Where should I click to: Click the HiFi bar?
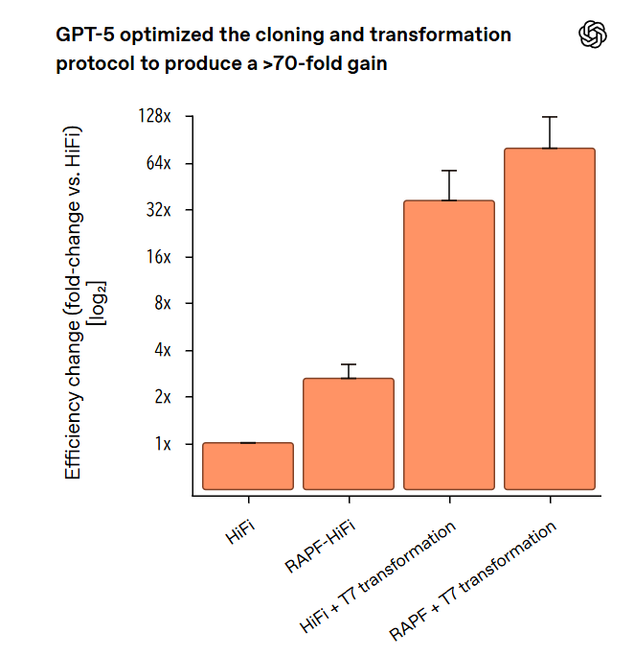248,466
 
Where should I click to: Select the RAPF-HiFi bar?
349,433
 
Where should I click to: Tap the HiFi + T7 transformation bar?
449,345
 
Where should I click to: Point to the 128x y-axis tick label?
153,117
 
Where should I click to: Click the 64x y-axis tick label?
157,164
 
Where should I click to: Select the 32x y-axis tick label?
157,210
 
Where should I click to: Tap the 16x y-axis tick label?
157,257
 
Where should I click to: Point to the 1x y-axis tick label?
161,444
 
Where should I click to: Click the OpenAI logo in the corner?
594,35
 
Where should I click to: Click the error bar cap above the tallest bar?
550,117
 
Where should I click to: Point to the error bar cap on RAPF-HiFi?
349,364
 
